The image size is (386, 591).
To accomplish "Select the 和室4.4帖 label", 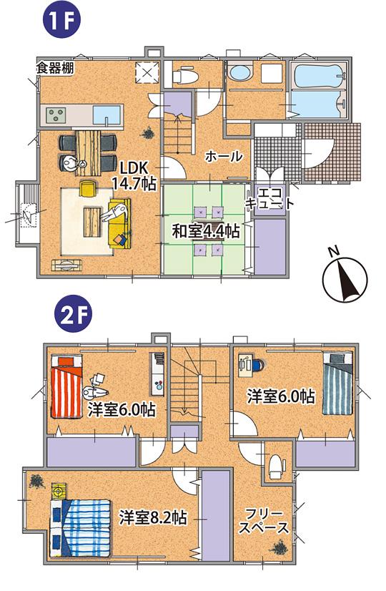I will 205,231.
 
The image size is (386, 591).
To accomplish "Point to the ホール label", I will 224,156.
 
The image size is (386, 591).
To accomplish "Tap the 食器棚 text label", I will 55,69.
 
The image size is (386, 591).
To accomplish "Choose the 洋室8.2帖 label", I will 153,517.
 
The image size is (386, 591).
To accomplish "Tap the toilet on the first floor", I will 184,74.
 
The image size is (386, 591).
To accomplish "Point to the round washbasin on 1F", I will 238,73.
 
